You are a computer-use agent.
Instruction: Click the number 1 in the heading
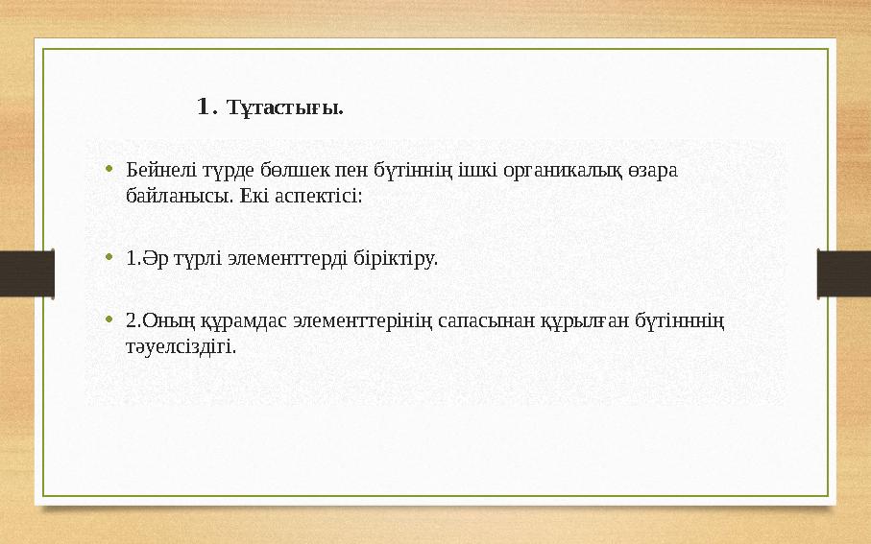tap(203, 106)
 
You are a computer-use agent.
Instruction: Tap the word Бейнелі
tap(154, 171)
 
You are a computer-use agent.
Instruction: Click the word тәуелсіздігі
tap(180, 345)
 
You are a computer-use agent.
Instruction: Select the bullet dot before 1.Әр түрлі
tap(110, 257)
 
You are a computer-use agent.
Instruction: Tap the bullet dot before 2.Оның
tap(110, 318)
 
